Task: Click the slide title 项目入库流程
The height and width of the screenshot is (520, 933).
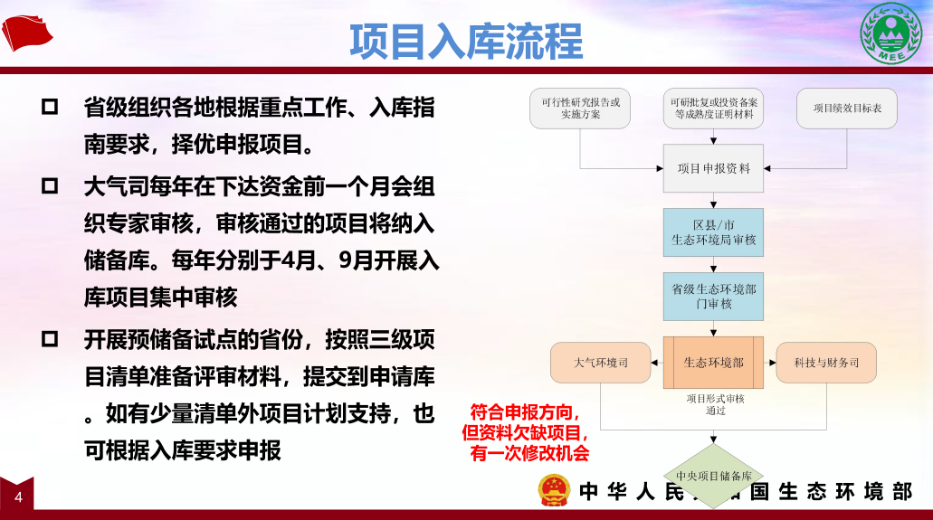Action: (466, 41)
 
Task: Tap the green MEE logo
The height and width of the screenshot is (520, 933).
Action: (890, 33)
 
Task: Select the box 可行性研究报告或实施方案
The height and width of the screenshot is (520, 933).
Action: (580, 109)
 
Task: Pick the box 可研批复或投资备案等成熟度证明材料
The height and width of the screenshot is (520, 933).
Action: (713, 109)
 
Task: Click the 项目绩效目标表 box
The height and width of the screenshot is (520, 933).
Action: (847, 109)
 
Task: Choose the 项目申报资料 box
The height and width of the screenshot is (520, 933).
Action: (713, 168)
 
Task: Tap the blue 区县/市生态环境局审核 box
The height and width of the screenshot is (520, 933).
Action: (713, 232)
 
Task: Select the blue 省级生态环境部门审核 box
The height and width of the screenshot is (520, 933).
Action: (713, 297)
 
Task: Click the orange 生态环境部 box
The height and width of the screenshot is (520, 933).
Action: (713, 363)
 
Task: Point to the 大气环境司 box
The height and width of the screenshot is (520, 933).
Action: (600, 363)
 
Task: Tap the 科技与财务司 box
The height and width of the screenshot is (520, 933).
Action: (826, 363)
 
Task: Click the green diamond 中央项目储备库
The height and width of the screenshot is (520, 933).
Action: (713, 476)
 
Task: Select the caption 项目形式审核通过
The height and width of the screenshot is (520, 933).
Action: (715, 404)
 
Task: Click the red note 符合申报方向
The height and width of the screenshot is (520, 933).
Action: (525, 411)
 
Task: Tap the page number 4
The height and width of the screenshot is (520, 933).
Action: (18, 496)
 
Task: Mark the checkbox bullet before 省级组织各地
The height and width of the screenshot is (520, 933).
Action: (50, 107)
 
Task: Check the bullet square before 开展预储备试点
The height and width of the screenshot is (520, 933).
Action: (50, 339)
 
